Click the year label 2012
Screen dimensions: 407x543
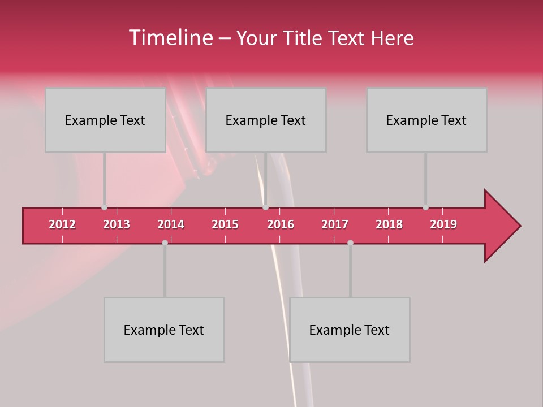(x=62, y=224)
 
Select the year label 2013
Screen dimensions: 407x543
(x=117, y=224)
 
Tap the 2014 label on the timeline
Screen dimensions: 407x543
(x=171, y=224)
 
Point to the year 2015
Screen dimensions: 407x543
(x=225, y=224)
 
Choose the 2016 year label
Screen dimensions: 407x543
(x=281, y=224)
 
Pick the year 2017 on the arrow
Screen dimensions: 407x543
(x=335, y=224)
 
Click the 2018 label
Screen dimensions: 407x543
(x=389, y=224)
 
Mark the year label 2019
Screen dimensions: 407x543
(x=443, y=224)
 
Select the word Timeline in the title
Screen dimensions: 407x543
(x=170, y=38)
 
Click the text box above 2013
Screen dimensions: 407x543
(x=105, y=120)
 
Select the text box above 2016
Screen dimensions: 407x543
(x=266, y=120)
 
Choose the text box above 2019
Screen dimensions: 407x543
(x=426, y=120)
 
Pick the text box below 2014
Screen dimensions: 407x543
(x=164, y=330)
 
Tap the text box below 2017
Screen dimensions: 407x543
(x=350, y=330)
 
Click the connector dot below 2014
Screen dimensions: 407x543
(x=165, y=243)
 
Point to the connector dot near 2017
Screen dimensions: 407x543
(x=350, y=243)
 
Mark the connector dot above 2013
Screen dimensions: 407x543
(x=104, y=207)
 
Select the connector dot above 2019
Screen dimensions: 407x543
(x=425, y=207)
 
